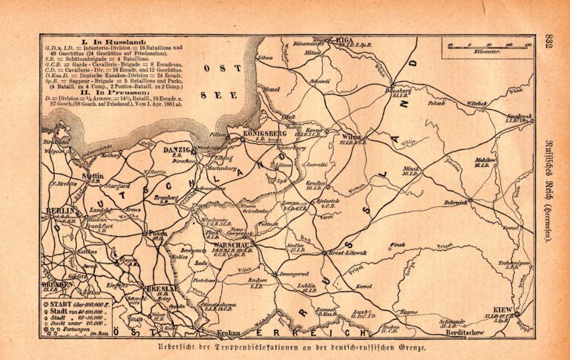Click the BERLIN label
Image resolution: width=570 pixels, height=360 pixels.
pos(59,212)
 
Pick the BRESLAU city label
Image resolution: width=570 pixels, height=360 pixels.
pos(171,288)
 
